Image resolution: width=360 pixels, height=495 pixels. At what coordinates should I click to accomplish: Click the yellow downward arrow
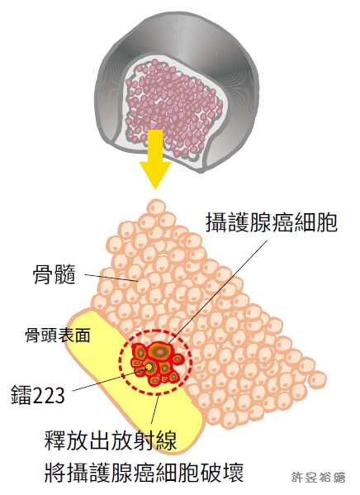tap(155, 158)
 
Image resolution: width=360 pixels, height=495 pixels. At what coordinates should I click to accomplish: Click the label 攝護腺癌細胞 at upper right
tap(272, 222)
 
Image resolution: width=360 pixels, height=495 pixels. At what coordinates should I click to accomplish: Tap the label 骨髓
tap(54, 274)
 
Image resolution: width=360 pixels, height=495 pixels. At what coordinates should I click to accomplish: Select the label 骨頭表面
tap(58, 335)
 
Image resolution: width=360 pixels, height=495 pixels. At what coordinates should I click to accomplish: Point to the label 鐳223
tap(38, 395)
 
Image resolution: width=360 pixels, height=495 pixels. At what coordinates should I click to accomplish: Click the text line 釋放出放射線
tap(111, 440)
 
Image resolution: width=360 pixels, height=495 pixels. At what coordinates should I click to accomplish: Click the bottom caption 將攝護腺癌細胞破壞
tap(144, 473)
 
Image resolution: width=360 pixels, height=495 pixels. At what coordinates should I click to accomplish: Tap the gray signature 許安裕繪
tap(318, 477)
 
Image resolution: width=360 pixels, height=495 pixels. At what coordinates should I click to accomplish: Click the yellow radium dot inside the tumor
tap(149, 367)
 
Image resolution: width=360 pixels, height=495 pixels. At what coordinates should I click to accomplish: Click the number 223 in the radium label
tap(49, 395)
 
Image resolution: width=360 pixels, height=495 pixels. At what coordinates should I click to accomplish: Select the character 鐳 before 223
tap(21, 395)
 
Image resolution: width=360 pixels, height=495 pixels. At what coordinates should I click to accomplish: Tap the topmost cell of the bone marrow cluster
tap(155, 207)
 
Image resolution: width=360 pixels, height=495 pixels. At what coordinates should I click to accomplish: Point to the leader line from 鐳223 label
tap(109, 379)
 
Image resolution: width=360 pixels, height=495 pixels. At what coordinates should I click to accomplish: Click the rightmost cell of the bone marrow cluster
tap(317, 379)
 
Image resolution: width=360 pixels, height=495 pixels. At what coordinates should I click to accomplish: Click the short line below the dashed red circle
tap(154, 410)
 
